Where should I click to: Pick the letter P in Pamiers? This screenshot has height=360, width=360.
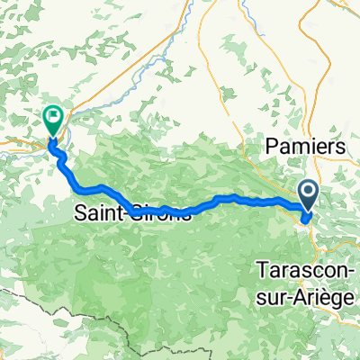click(x=269, y=146)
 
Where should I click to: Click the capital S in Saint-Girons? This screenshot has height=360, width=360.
click(x=79, y=214)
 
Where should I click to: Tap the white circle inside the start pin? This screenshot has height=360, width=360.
click(x=308, y=190)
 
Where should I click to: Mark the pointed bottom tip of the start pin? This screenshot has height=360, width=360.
click(x=308, y=210)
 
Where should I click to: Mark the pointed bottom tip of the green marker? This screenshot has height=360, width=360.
click(x=52, y=137)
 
